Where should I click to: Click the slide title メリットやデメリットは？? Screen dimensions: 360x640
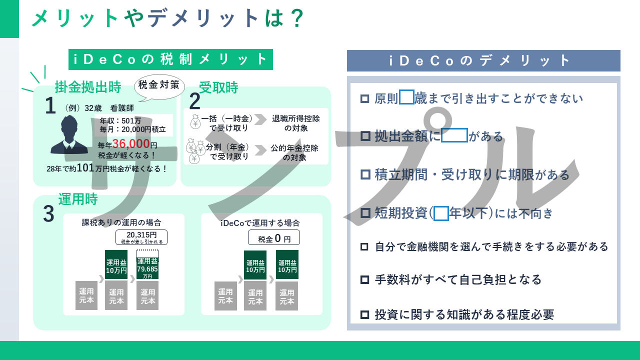pyautogui.click(x=167, y=18)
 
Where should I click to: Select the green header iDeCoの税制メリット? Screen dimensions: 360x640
pyautogui.click(x=170, y=59)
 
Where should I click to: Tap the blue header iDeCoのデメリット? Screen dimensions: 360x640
pyautogui.click(x=483, y=60)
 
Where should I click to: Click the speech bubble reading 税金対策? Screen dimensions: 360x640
pyautogui.click(x=159, y=85)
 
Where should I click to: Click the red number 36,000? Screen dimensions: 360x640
pyautogui.click(x=128, y=144)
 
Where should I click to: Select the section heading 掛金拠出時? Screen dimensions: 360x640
pyautogui.click(x=88, y=87)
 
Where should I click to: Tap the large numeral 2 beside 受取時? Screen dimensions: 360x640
pyautogui.click(x=194, y=102)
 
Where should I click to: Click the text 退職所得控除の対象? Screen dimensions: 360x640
pyautogui.click(x=295, y=123)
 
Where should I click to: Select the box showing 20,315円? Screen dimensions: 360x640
pyautogui.click(x=141, y=237)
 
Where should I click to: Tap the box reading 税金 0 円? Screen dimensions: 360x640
pyautogui.click(x=274, y=238)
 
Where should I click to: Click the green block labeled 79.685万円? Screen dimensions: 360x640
pyautogui.click(x=147, y=268)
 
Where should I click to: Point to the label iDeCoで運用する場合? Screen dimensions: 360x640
pyautogui.click(x=260, y=223)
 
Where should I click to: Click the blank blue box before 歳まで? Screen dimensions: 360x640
pyautogui.click(x=406, y=96)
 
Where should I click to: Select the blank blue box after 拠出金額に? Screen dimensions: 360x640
pyautogui.click(x=454, y=135)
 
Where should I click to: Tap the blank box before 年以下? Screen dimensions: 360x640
pyautogui.click(x=441, y=213)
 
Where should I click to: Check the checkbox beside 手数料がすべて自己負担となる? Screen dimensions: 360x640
pyautogui.click(x=364, y=279)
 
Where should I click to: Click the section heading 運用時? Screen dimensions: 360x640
pyautogui.click(x=77, y=199)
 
